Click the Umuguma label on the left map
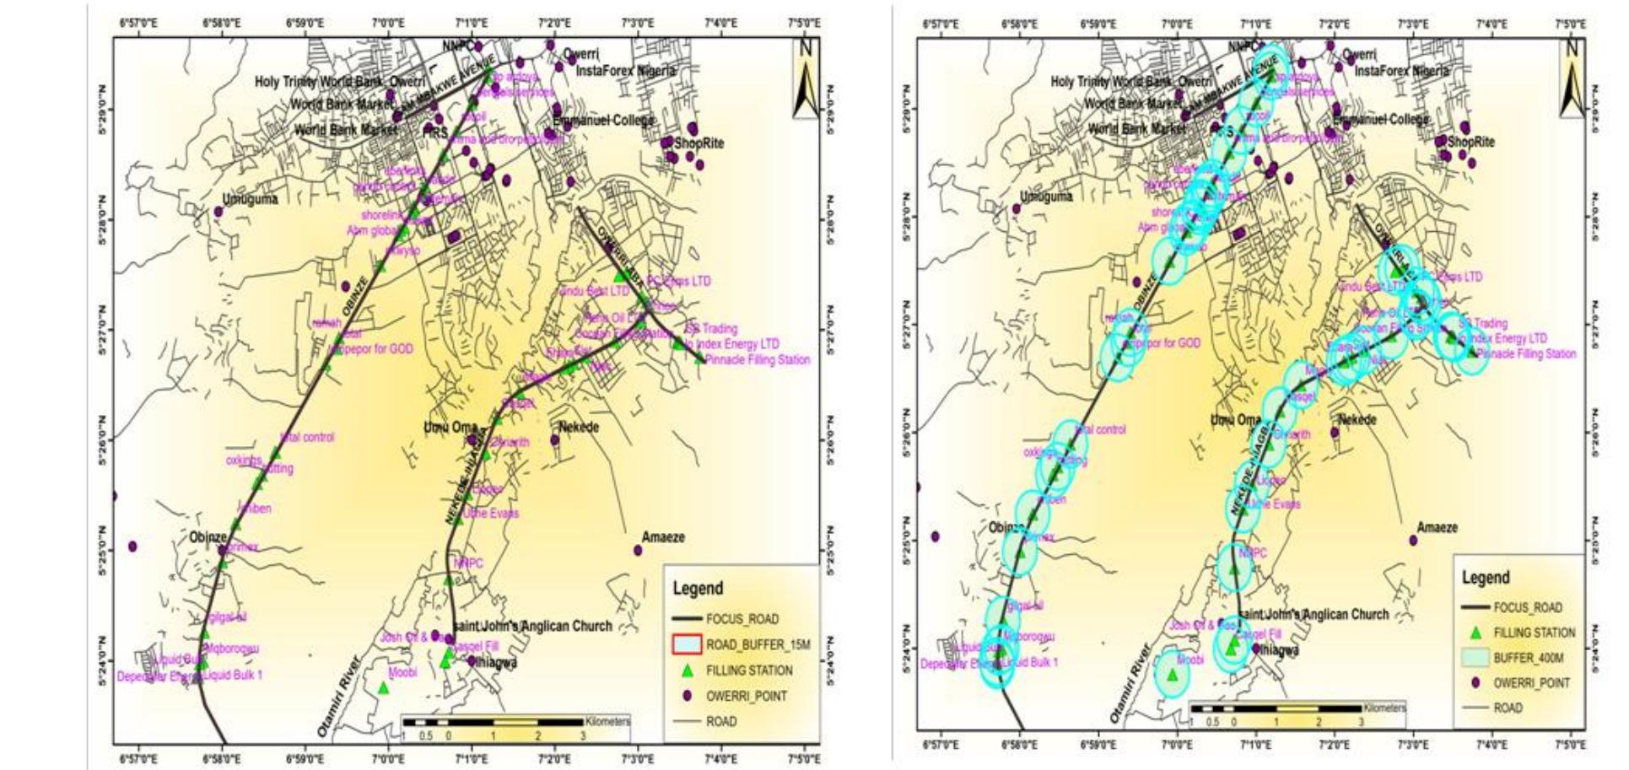(x=250, y=200)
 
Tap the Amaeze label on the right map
(x=1437, y=528)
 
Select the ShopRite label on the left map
(x=699, y=143)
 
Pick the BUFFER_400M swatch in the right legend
(x=1474, y=658)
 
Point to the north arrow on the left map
(x=805, y=79)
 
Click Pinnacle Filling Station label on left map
(x=757, y=359)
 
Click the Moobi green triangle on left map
(x=383, y=688)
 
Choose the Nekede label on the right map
(x=1357, y=420)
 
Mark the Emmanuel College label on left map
(x=603, y=121)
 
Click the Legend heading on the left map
(x=698, y=589)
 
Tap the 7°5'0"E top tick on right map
(x=1570, y=25)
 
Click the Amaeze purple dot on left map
(x=638, y=551)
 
